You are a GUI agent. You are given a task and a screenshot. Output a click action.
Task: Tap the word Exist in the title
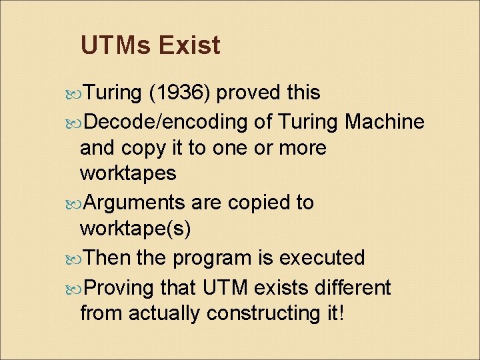[189, 46]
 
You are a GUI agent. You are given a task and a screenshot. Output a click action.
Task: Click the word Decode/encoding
[167, 122]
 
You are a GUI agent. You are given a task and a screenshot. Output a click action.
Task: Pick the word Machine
[385, 122]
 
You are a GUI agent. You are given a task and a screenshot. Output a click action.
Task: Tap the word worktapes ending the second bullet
[128, 173]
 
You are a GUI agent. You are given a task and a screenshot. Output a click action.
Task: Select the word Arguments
[137, 202]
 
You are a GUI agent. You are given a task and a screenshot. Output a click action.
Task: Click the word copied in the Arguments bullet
[257, 202]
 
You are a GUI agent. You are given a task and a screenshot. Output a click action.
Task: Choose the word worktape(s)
[135, 229]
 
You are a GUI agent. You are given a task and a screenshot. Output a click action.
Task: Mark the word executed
[323, 257]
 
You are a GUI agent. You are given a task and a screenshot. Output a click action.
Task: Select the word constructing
[261, 312]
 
